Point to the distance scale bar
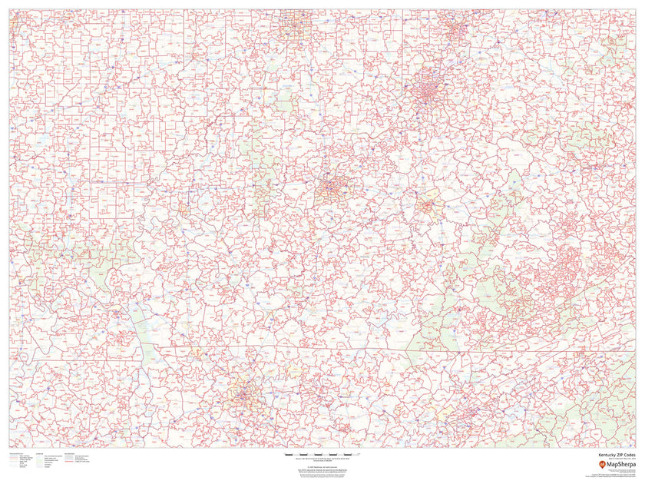(x=322, y=457)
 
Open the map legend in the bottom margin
(x=46, y=461)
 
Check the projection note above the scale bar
(x=322, y=452)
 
